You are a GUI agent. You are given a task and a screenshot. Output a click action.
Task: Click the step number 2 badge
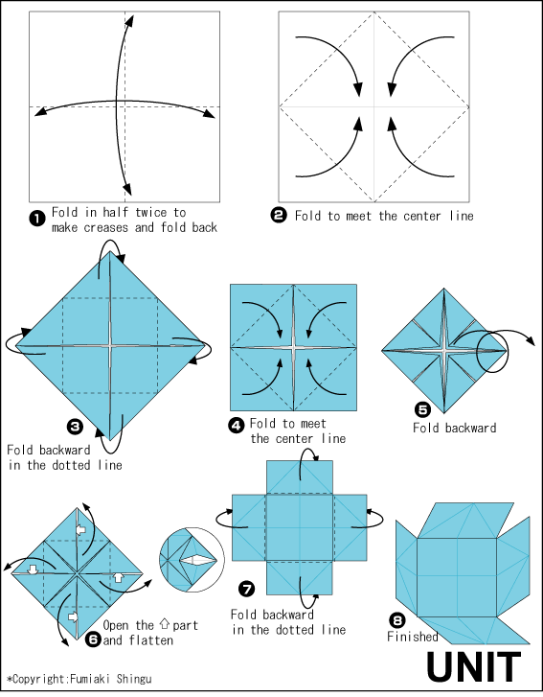[x=279, y=216]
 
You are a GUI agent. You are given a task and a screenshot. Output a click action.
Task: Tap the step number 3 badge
[x=74, y=426]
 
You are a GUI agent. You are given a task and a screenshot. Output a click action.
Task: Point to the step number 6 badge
[x=93, y=637]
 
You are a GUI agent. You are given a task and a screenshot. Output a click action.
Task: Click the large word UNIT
[x=474, y=666]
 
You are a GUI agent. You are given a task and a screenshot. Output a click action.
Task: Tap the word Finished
[x=412, y=637]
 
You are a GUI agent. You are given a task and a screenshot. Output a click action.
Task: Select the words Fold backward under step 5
[x=455, y=428]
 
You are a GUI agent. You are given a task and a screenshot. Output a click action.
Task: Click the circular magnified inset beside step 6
[x=189, y=558]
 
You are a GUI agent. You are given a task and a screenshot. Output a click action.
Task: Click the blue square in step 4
[x=293, y=347]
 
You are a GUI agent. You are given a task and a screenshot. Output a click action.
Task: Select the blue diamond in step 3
[x=110, y=344]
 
